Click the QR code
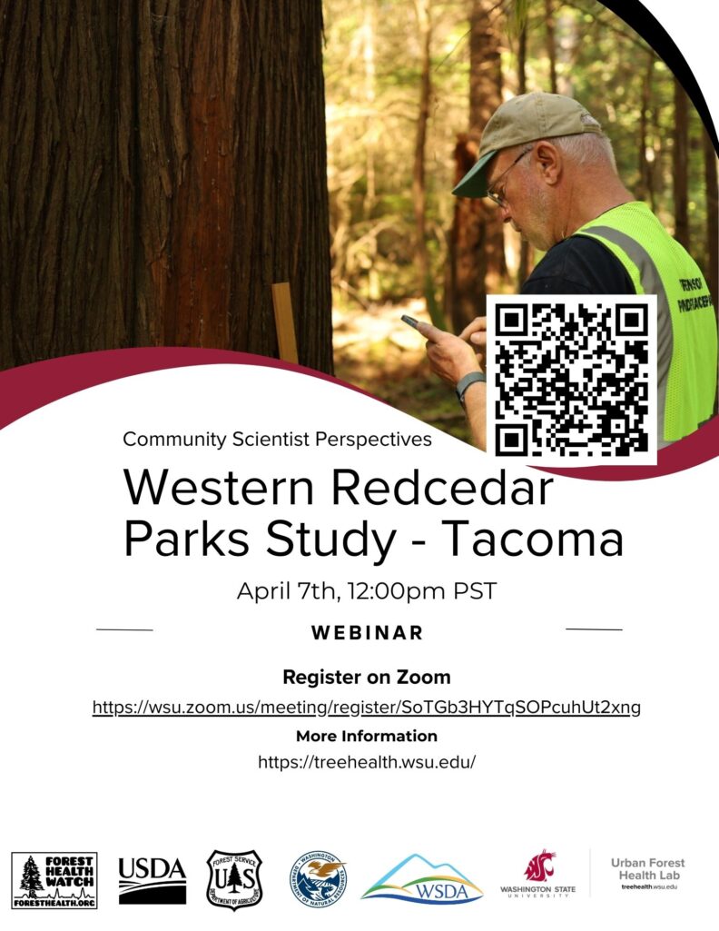pyautogui.click(x=572, y=378)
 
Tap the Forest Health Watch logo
pyautogui.click(x=54, y=880)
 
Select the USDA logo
pyautogui.click(x=153, y=880)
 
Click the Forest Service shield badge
pyautogui.click(x=234, y=879)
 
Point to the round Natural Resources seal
pyautogui.click(x=318, y=879)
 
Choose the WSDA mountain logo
pyautogui.click(x=422, y=878)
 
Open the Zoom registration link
pyautogui.click(x=367, y=707)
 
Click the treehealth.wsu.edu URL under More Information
pyautogui.click(x=367, y=762)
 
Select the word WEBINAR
pyautogui.click(x=367, y=633)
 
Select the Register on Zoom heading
pyautogui.click(x=367, y=677)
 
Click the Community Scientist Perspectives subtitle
pyautogui.click(x=278, y=440)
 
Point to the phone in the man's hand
pyautogui.click(x=413, y=322)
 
